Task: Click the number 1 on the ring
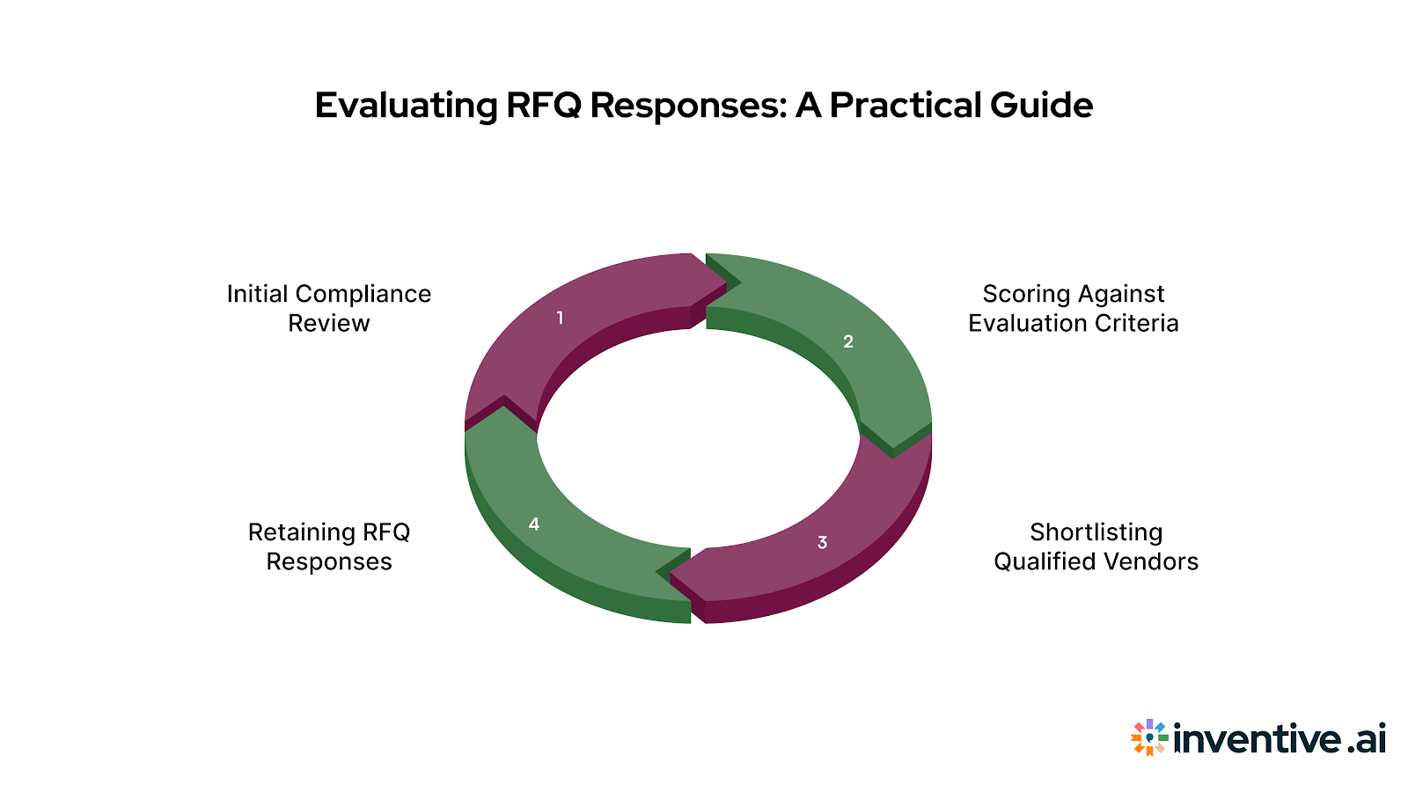(x=560, y=318)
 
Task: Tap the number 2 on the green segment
(x=848, y=341)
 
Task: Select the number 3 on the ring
(x=822, y=542)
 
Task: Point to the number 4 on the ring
(x=534, y=524)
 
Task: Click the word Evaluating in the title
(x=407, y=106)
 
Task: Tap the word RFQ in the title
(x=543, y=106)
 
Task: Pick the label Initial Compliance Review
(x=329, y=308)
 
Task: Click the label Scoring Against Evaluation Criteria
(x=1073, y=308)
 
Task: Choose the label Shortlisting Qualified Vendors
(x=1096, y=546)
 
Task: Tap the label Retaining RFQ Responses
(x=329, y=546)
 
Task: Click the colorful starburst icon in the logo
(x=1149, y=737)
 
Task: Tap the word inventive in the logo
(x=1257, y=738)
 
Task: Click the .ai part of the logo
(x=1367, y=738)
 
